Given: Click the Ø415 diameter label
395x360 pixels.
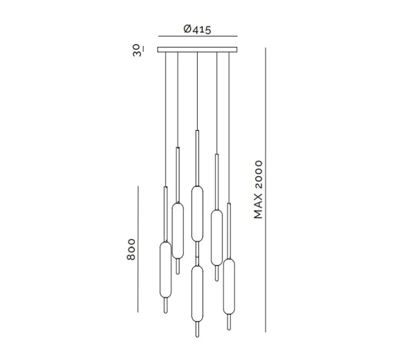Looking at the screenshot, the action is pyautogui.click(x=197, y=29).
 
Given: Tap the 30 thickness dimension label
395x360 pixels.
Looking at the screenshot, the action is pyautogui.click(x=138, y=50).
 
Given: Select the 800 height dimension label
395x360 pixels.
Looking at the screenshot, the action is pyautogui.click(x=131, y=250).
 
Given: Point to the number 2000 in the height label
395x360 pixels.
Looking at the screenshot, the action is pyautogui.click(x=258, y=175).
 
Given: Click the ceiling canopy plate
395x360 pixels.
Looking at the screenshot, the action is pyautogui.click(x=197, y=49).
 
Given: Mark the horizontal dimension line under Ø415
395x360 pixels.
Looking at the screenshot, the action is pyautogui.click(x=197, y=36).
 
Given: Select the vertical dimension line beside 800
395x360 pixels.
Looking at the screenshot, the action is pyautogui.click(x=138, y=249).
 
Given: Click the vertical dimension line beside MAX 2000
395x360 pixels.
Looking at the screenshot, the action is pyautogui.click(x=265, y=190).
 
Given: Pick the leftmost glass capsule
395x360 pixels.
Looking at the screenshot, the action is pyautogui.click(x=166, y=270).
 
